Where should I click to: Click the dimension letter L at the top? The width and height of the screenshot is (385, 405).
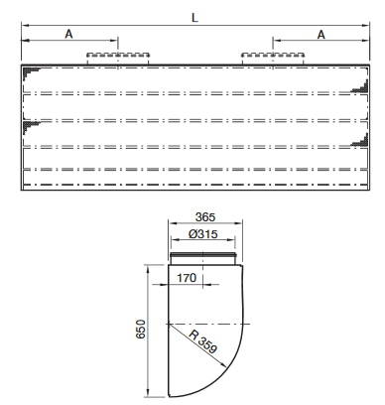(194, 18)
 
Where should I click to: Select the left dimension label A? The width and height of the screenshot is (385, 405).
(68, 34)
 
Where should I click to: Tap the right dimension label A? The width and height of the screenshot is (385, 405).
(321, 35)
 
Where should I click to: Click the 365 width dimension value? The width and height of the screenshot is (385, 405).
(205, 217)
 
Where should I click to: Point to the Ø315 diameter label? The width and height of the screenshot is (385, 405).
(203, 234)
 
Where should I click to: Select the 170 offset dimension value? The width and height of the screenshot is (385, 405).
(187, 278)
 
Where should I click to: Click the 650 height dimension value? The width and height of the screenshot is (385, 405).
(140, 329)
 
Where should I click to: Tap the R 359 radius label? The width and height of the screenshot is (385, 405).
(202, 341)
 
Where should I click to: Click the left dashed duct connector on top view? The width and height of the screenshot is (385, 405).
(118, 58)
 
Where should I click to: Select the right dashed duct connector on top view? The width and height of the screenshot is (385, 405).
(273, 58)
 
